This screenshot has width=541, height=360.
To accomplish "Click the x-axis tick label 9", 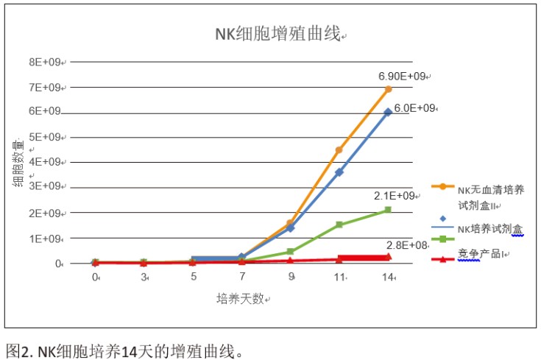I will coord(291,278).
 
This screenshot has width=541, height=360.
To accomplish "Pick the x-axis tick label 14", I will coord(389,278).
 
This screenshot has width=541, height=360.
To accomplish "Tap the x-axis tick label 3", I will coord(144,278).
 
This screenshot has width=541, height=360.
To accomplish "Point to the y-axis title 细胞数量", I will coord(18,163).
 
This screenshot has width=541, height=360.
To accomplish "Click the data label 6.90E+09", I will coord(402,77).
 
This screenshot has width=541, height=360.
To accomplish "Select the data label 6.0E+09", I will coord(416,108).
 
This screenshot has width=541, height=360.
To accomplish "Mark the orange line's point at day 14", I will coord(388,89).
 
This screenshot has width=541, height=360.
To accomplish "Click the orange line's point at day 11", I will coord(339,150).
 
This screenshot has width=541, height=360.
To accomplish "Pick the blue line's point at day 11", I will coord(339,172).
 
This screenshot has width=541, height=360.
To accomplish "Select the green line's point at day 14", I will coord(388,210).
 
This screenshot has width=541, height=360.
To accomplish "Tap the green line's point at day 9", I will coord(290,252).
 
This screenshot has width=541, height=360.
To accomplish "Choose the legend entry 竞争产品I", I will coord(479,255).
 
